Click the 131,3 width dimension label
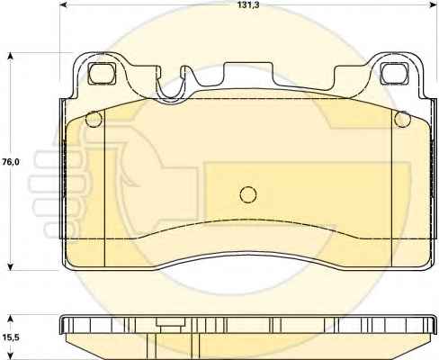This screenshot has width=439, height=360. [x=248, y=4]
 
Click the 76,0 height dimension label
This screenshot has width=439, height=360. [x=11, y=162]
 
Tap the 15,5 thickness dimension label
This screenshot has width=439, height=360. [x=11, y=337]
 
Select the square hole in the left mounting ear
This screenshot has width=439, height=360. [x=102, y=73]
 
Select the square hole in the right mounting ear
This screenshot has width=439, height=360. [x=394, y=73]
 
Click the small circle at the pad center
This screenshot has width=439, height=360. [x=248, y=194]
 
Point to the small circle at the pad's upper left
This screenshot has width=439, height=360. [x=94, y=120]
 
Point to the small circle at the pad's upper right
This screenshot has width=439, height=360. [x=402, y=120]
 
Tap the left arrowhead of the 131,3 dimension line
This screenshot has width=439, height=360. [x=64, y=5]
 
